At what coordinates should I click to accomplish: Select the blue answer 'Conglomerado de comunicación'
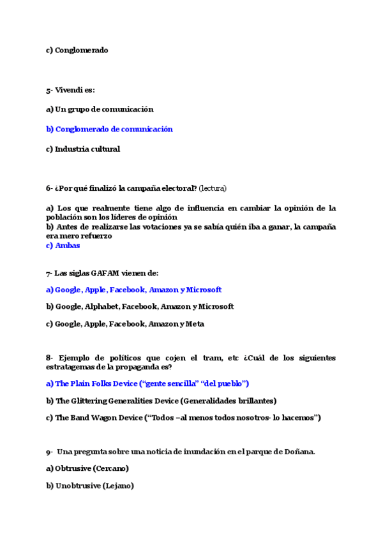click(x=114, y=129)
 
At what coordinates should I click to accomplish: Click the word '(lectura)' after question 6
click(x=213, y=188)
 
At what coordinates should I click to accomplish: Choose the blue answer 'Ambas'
click(x=67, y=246)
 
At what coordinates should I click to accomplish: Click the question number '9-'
click(x=49, y=452)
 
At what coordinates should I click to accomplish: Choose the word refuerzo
click(x=94, y=236)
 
